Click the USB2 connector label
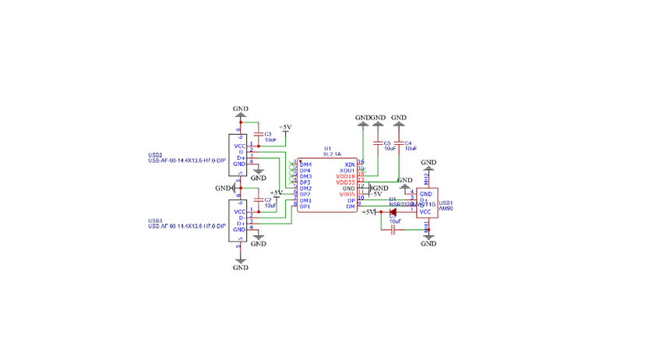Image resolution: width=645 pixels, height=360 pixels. pyautogui.click(x=155, y=155)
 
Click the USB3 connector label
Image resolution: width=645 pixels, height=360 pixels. pyautogui.click(x=155, y=221)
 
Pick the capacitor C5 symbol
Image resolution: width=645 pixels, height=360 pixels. pyautogui.click(x=379, y=144)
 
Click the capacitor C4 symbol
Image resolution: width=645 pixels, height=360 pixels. pyautogui.click(x=399, y=144)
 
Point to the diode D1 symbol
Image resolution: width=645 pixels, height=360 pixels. pyautogui.click(x=393, y=211)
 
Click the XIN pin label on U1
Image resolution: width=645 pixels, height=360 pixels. pyautogui.click(x=349, y=164)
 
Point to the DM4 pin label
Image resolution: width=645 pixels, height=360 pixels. pyautogui.click(x=305, y=164)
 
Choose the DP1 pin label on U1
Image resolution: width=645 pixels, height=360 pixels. pyautogui.click(x=305, y=206)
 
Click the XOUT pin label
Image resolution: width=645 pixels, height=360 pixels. pyautogui.click(x=347, y=171)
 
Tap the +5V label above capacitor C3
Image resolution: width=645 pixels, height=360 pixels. pyautogui.click(x=285, y=127)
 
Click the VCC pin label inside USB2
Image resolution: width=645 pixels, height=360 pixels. pyautogui.click(x=240, y=146)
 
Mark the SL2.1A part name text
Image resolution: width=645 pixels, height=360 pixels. pyautogui.click(x=333, y=154)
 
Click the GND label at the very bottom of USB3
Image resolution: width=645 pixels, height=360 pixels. pyautogui.click(x=241, y=267)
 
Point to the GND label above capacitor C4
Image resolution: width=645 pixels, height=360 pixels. pyautogui.click(x=399, y=117)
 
